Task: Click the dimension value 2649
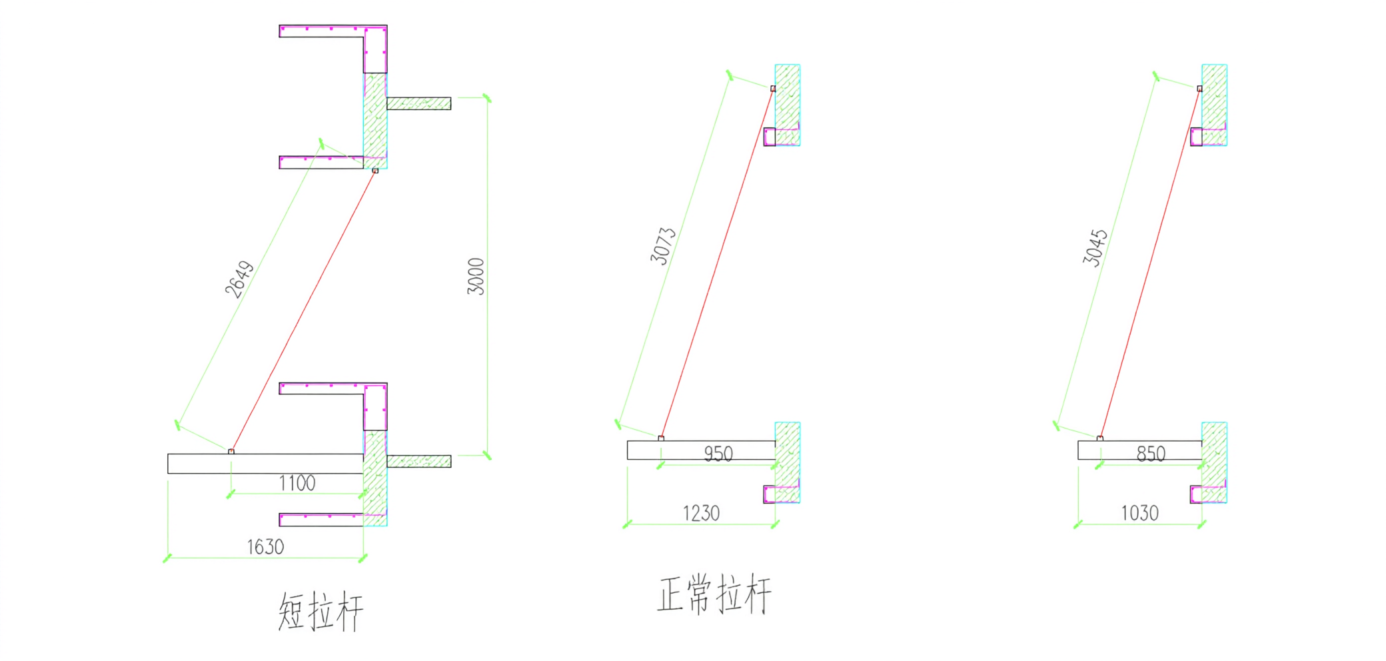(x=239, y=279)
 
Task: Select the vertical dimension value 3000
(x=476, y=276)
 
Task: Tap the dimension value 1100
(x=297, y=483)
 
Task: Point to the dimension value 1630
(x=266, y=547)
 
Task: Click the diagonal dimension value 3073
(x=663, y=246)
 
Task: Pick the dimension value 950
(x=718, y=454)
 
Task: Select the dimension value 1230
(x=701, y=513)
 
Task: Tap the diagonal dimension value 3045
(x=1095, y=248)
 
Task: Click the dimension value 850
(x=1151, y=454)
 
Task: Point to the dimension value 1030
(x=1139, y=513)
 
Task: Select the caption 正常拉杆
(x=714, y=594)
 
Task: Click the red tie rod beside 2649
(x=303, y=311)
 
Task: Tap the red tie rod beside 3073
(x=717, y=263)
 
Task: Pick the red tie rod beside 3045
(x=1149, y=263)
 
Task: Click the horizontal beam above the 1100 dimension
(x=265, y=464)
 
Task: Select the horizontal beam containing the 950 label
(x=701, y=450)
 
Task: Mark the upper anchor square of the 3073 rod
(x=773, y=89)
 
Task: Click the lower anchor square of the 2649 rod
(x=231, y=452)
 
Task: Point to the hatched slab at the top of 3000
(x=418, y=103)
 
